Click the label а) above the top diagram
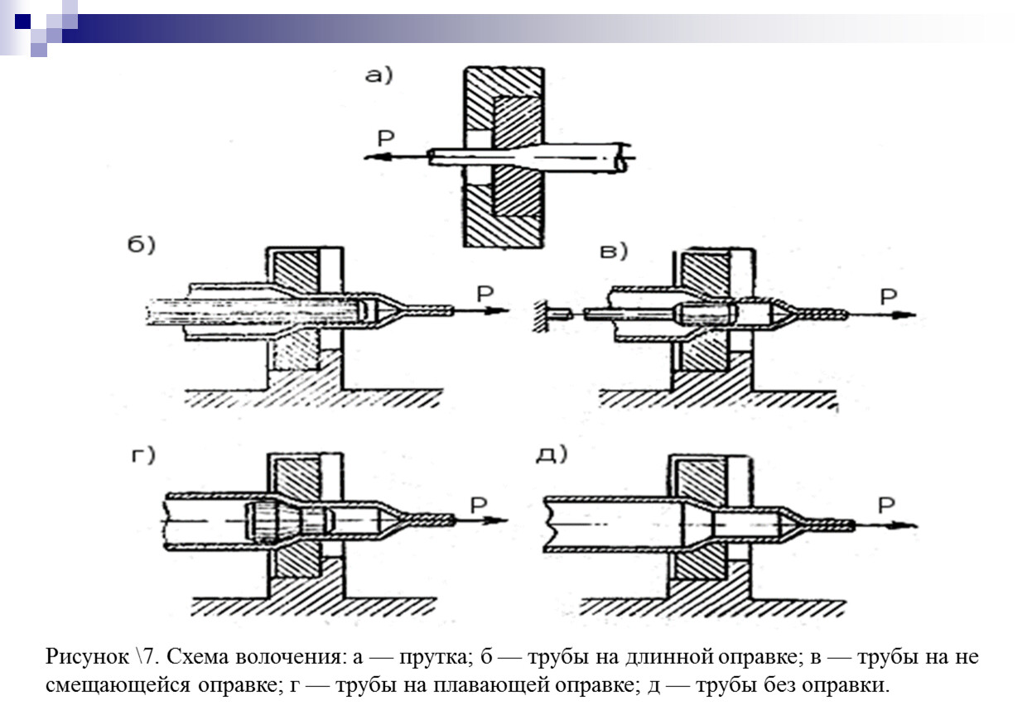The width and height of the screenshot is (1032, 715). [379, 76]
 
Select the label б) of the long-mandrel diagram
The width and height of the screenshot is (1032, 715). [142, 248]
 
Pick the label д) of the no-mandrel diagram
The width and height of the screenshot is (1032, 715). [550, 455]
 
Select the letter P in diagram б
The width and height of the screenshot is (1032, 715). [486, 291]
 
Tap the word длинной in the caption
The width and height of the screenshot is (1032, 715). [668, 659]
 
